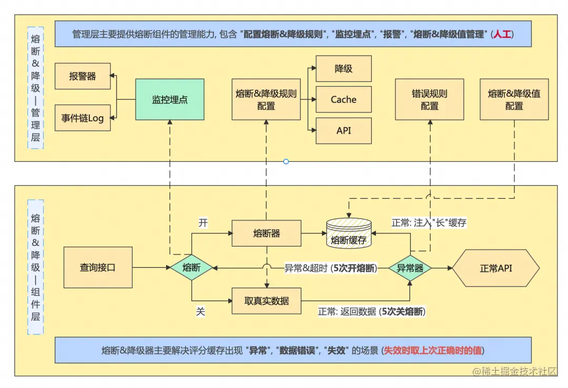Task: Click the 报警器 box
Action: coord(83,76)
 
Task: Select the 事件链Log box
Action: coord(83,118)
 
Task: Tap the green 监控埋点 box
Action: coord(170,99)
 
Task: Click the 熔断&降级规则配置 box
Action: coord(266,99)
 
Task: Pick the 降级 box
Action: coord(343,68)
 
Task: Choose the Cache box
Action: coord(343,99)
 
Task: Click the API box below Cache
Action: coord(343,131)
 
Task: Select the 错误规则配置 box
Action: coord(429,99)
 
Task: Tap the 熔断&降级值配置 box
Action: coord(514,99)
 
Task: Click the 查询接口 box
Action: coord(98,268)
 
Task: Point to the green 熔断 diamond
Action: coord(191,268)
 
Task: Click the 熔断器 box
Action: coord(266,233)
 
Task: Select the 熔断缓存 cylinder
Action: coord(349,234)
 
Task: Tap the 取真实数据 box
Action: coord(266,301)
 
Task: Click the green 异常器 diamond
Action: coord(410,268)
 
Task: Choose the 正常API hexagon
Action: coord(496,268)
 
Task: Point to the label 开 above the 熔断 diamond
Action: coord(202,222)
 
